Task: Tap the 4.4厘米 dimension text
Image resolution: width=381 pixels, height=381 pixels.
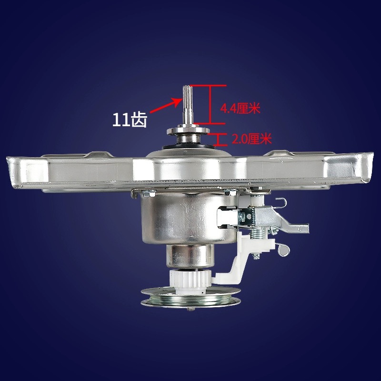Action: (x=240, y=109)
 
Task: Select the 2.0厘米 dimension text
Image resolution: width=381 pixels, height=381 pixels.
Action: (x=251, y=139)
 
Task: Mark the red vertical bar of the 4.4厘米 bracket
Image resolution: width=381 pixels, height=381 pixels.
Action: (x=209, y=104)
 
